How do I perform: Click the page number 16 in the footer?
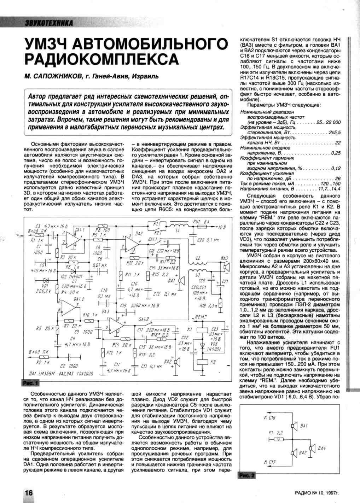28,493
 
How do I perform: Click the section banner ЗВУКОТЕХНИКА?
48,23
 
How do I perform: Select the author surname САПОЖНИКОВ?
51,76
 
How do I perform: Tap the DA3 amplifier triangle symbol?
117,323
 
